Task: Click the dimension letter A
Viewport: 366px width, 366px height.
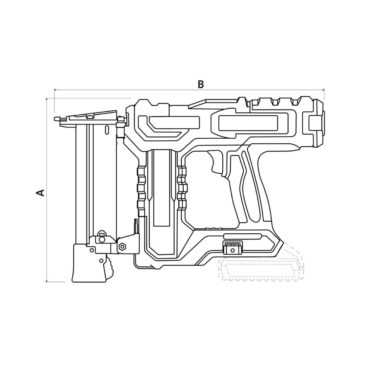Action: click(x=40, y=192)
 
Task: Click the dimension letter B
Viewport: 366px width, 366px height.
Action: click(x=201, y=84)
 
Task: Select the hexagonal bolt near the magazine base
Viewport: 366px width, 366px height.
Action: click(x=122, y=247)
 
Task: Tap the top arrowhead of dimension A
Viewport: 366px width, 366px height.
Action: click(x=47, y=99)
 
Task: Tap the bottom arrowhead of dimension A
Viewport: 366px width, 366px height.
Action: click(x=47, y=280)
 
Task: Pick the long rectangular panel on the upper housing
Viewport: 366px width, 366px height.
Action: click(x=249, y=123)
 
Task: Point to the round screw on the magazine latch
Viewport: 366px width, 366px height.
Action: click(x=102, y=240)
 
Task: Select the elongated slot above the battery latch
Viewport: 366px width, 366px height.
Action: click(x=242, y=236)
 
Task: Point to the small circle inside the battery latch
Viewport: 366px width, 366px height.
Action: click(x=232, y=250)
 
